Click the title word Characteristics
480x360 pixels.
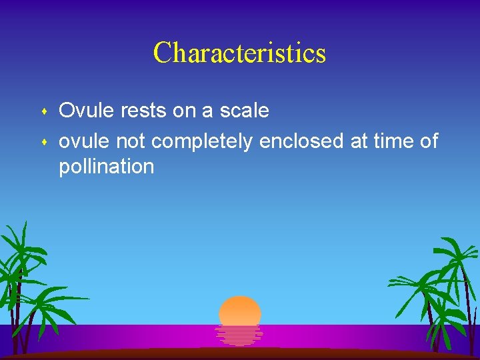tap(239, 53)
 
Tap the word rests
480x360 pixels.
tap(143, 111)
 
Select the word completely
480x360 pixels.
tap(202, 141)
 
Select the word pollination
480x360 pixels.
tap(106, 167)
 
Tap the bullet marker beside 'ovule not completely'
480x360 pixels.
tap(43, 141)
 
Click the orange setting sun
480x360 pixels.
tap(240, 310)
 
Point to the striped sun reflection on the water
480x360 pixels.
tap(239, 335)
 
